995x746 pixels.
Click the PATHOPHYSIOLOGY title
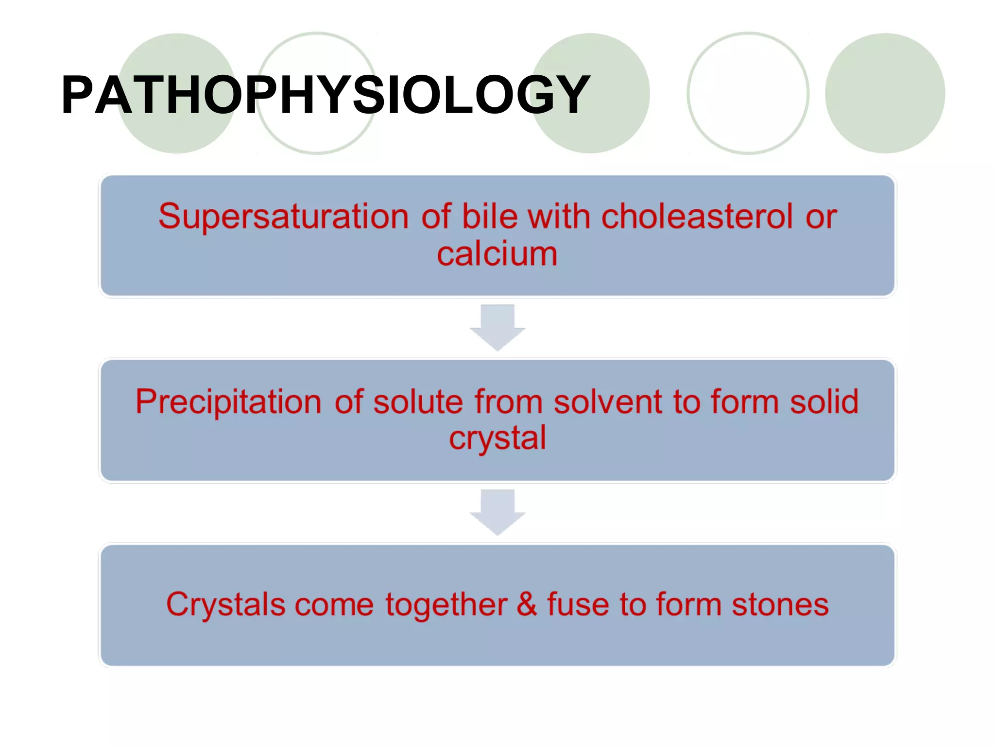point(326,95)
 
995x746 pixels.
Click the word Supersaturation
point(283,216)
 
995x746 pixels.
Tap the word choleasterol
point(697,216)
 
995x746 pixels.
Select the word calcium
point(497,254)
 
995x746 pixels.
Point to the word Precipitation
point(228,402)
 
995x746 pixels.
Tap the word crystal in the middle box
point(497,439)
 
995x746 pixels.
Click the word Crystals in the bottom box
point(225,605)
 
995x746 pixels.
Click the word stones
point(780,605)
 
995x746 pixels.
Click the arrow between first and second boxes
point(497,327)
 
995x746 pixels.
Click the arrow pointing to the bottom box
point(497,511)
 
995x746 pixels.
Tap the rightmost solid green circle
point(885,93)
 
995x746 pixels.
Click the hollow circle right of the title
point(748,93)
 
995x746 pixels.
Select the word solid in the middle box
point(824,402)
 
